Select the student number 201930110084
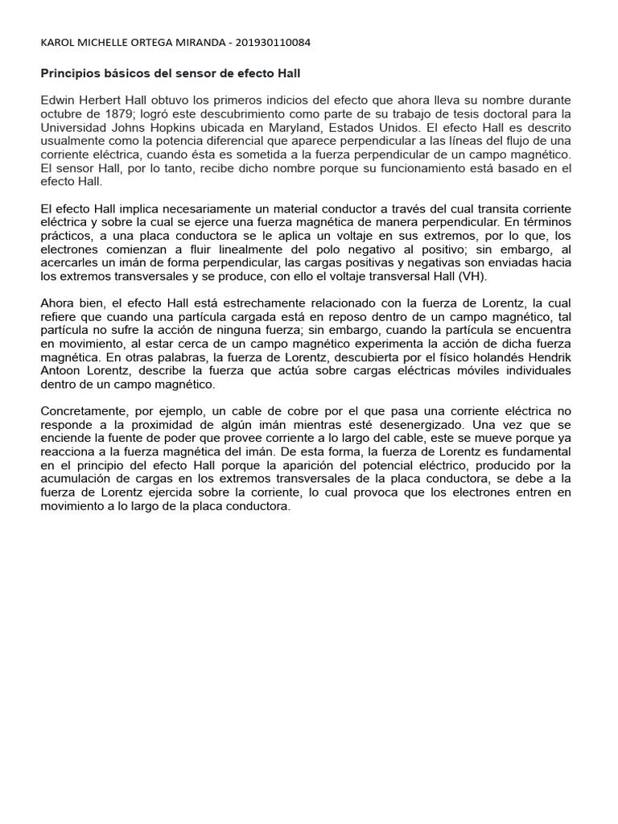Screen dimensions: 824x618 (269, 43)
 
